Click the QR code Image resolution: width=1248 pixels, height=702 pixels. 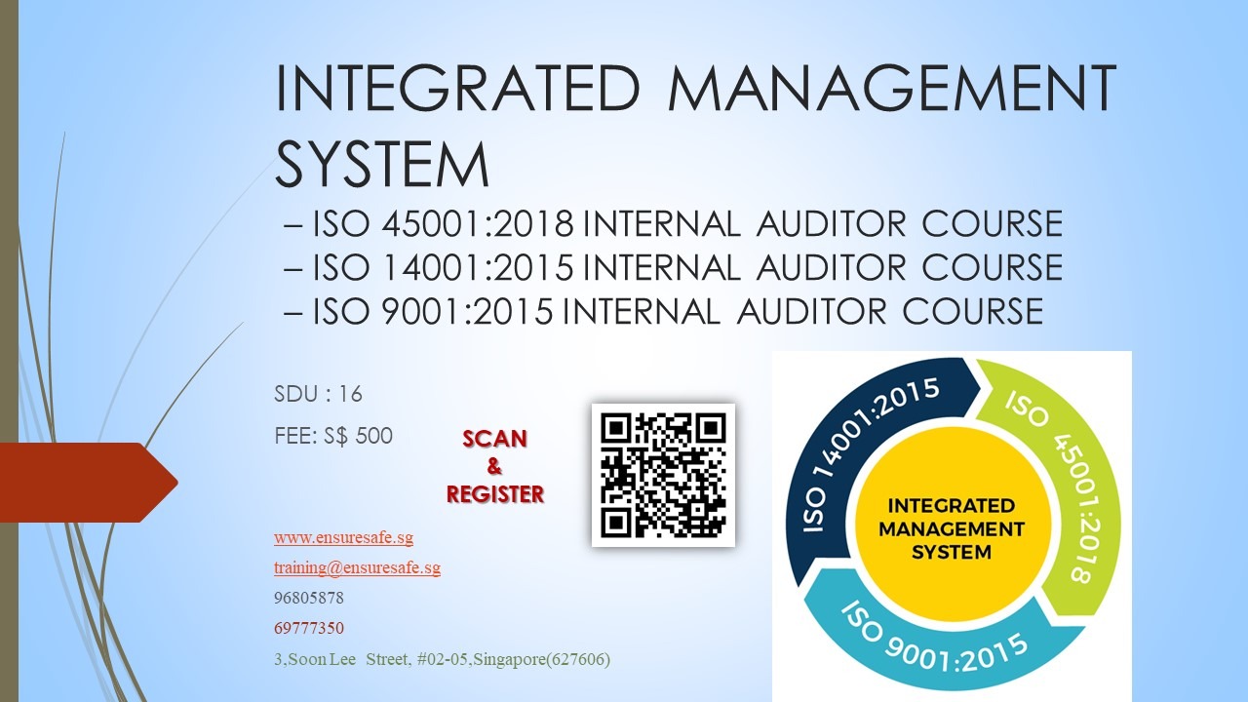tap(663, 475)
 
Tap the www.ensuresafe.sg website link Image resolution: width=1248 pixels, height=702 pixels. tap(344, 537)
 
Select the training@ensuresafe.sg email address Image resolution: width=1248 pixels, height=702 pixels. tap(357, 567)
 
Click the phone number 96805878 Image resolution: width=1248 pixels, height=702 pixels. tap(309, 598)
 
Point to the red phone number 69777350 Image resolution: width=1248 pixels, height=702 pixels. tap(309, 628)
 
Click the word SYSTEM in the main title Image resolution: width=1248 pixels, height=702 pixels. tap(383, 165)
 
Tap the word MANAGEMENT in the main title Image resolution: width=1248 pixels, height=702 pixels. tap(892, 88)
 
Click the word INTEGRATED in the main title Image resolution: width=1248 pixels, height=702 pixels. tap(458, 88)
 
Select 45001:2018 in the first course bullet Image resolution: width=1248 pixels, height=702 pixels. tap(478, 223)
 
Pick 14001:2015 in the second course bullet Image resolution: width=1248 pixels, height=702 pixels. tap(478, 267)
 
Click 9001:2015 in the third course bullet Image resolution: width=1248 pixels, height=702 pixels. tap(467, 311)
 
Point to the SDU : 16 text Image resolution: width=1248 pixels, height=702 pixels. tap(318, 394)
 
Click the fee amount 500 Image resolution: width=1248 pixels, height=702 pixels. tap(373, 436)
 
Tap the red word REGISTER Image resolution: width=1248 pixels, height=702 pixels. tap(495, 494)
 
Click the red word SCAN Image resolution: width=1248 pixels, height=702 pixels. tap(494, 439)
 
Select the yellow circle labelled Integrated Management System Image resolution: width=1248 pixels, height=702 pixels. tap(952, 527)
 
